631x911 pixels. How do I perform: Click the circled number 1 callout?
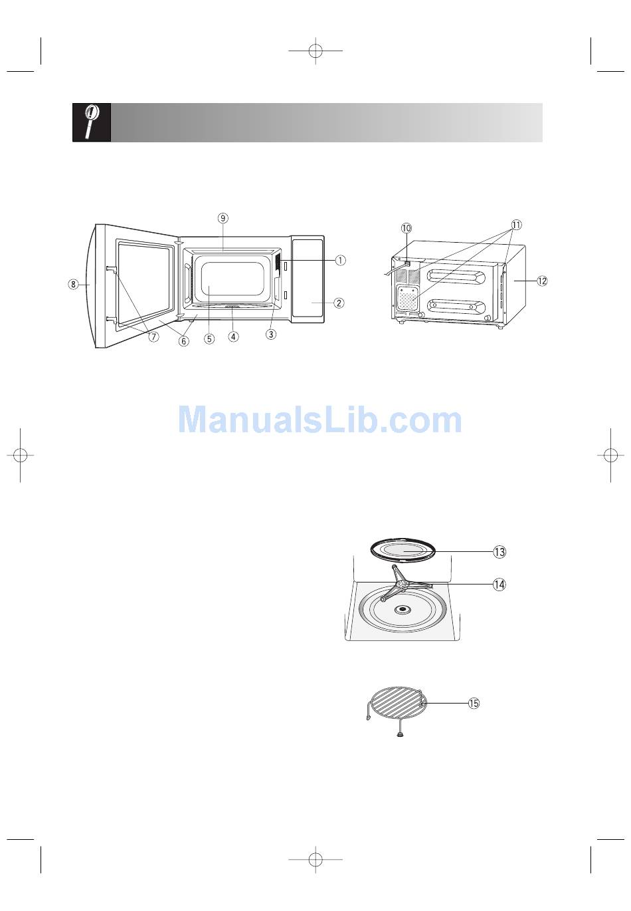[340, 260]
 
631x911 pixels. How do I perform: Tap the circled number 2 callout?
[339, 303]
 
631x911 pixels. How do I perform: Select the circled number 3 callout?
[271, 334]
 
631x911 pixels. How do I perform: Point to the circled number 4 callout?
[233, 336]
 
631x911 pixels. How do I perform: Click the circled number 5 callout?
[209, 338]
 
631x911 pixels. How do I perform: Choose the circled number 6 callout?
[183, 341]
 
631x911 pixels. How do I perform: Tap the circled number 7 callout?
[153, 336]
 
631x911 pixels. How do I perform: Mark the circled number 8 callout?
[73, 285]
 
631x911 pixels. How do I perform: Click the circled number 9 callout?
[223, 218]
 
